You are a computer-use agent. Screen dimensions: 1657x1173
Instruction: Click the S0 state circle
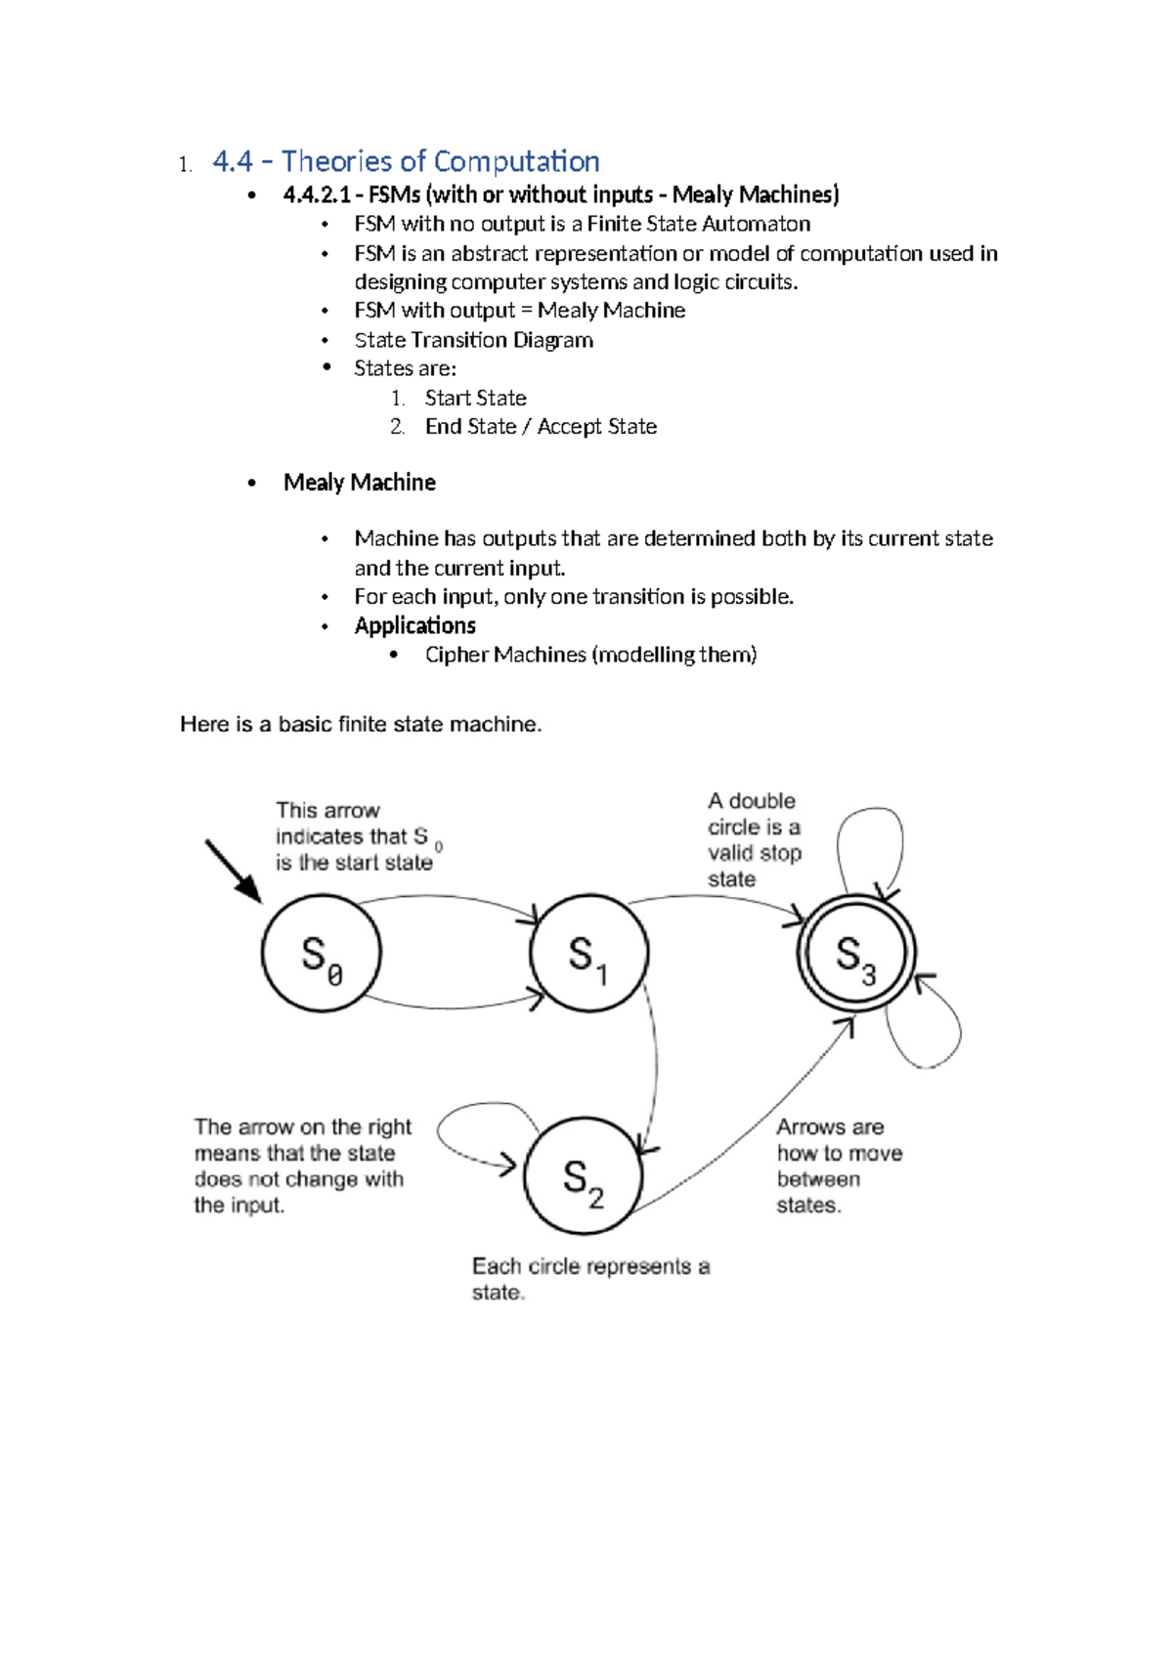[321, 954]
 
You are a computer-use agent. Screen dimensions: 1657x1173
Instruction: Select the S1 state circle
[588, 954]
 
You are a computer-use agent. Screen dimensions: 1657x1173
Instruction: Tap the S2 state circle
[583, 1176]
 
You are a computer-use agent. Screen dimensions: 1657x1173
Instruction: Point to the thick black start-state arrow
[233, 871]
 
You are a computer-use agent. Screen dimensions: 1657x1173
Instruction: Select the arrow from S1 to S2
[654, 1065]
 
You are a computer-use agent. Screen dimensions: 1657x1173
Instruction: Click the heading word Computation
[516, 161]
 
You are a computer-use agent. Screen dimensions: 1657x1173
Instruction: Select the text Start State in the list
[475, 398]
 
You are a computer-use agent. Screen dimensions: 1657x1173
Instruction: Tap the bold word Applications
[414, 625]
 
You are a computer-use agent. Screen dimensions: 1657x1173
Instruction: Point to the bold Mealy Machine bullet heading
[359, 483]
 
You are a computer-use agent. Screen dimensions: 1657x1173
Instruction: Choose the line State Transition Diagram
[473, 340]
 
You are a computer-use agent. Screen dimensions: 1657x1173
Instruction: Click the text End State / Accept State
[541, 427]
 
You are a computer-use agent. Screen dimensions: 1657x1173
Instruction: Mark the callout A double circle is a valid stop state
[754, 840]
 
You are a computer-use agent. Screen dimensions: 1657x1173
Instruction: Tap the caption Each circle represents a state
[589, 1278]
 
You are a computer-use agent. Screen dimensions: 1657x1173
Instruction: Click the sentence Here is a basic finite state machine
[360, 724]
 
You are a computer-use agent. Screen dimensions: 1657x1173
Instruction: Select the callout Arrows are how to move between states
[838, 1166]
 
